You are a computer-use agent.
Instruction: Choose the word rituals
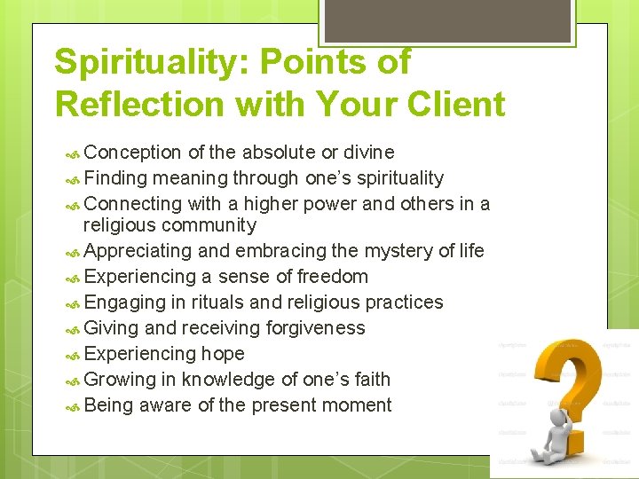tap(223, 302)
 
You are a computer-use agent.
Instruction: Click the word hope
tap(222, 353)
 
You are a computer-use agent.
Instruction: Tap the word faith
tap(370, 379)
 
